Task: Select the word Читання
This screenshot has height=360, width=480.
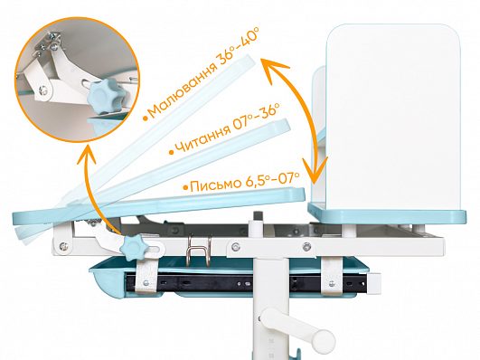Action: tap(202, 139)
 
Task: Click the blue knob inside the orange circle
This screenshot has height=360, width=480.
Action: tap(105, 93)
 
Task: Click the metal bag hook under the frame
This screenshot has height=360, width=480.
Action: tap(199, 249)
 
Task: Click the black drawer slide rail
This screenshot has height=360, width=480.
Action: tap(245, 283)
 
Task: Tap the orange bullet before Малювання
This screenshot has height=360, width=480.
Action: tap(146, 118)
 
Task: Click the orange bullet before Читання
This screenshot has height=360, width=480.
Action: tap(172, 152)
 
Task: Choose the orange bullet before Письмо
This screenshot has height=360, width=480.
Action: tap(185, 187)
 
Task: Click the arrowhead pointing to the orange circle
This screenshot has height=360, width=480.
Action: tap(86, 152)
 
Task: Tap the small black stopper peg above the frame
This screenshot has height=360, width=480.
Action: tap(259, 215)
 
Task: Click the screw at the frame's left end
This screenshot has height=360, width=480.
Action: tap(63, 245)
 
